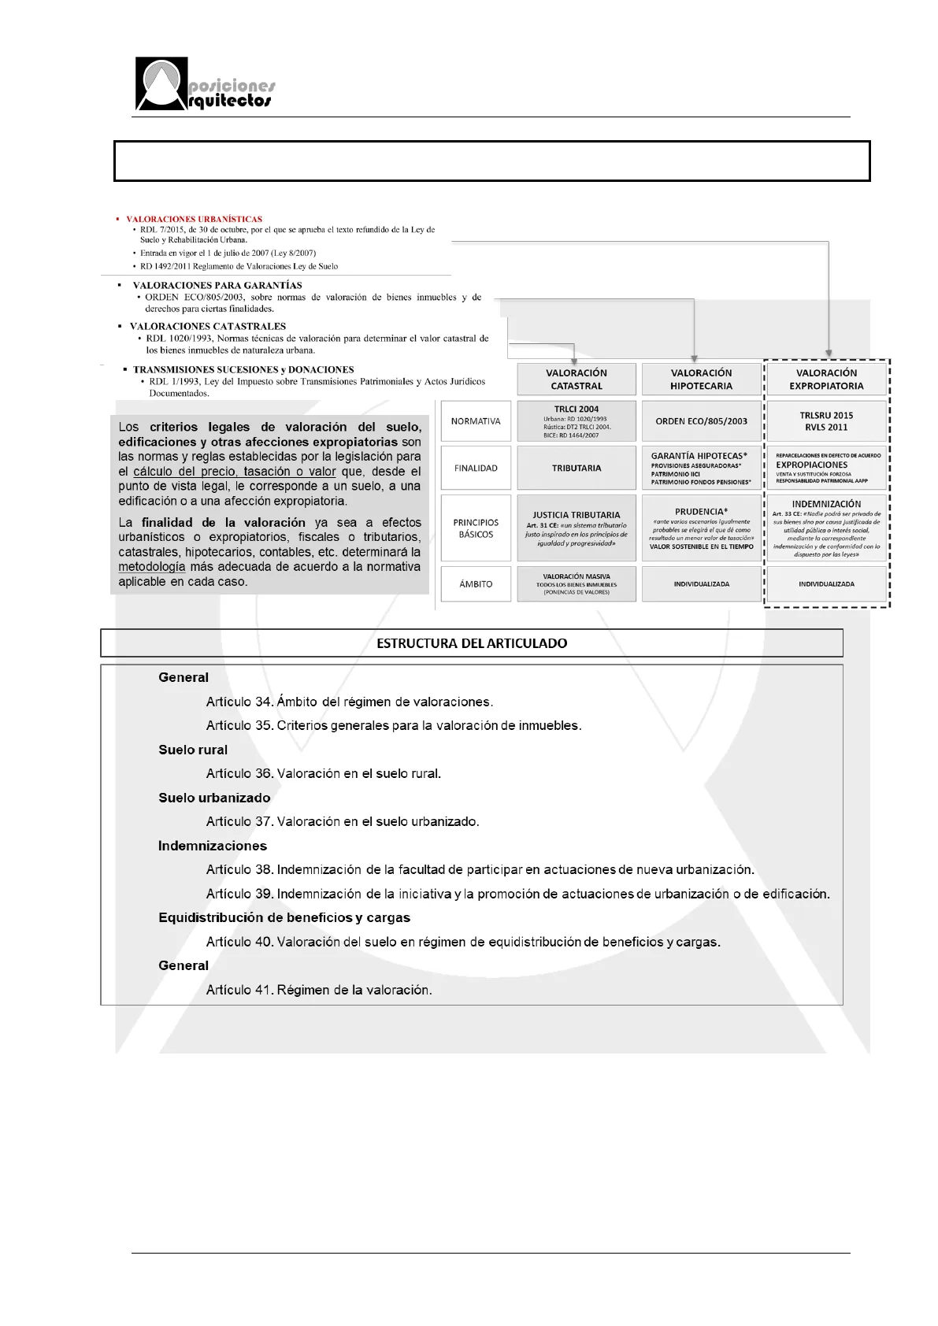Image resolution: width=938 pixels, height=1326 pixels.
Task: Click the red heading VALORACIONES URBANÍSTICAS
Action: pos(194,219)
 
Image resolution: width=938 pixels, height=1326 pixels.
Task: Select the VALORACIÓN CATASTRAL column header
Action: pos(577,379)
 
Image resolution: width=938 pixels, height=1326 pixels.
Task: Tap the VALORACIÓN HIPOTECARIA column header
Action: pos(701,379)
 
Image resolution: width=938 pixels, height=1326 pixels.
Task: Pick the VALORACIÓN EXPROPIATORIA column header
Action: pos(826,379)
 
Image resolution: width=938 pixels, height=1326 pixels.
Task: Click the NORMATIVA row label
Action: pos(476,421)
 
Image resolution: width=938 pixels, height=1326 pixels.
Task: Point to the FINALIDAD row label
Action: pos(476,469)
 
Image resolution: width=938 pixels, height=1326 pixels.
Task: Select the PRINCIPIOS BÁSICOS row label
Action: pos(476,528)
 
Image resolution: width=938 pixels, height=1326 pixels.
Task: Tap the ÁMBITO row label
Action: pos(476,584)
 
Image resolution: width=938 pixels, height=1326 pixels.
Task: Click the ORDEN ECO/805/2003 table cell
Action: pos(701,421)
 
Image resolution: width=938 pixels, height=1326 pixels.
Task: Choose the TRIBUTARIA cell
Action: pos(577,469)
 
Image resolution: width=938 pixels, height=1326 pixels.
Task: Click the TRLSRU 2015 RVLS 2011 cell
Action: pos(826,421)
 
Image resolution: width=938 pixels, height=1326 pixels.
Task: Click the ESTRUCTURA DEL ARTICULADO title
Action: pos(472,643)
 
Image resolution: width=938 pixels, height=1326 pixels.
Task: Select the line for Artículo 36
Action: pos(323,773)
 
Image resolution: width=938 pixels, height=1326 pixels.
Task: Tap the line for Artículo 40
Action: pos(463,942)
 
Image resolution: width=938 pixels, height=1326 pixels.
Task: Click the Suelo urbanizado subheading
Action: pos(214,798)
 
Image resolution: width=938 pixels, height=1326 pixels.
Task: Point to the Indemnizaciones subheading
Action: pos(213,846)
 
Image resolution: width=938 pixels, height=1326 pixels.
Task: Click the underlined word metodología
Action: pos(152,567)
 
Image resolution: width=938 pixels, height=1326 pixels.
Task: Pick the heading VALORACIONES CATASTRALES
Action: pos(208,326)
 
